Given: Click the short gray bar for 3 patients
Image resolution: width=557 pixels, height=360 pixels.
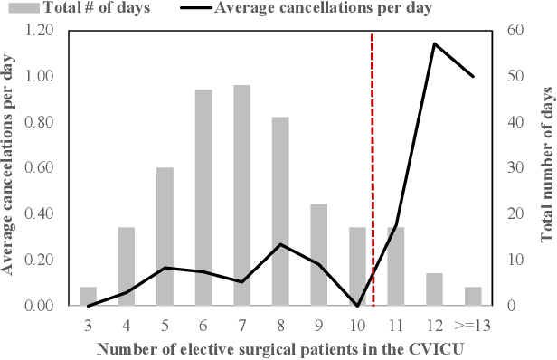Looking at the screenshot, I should pos(88,297).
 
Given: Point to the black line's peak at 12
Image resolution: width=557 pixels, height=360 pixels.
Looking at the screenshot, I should pos(434,43).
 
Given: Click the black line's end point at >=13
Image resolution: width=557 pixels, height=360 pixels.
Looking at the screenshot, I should pos(473,77).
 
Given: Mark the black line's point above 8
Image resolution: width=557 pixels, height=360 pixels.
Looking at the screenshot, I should pos(280,244).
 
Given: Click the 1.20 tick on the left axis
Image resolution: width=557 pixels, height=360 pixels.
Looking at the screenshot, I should pos(41,30).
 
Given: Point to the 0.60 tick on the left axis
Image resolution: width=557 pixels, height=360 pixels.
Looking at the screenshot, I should pos(41,168).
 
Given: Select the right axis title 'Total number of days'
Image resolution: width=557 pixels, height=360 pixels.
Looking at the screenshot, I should pos(546,167).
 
